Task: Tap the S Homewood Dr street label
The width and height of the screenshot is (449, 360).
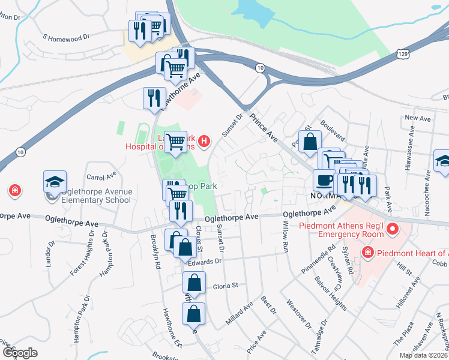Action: pyautogui.click(x=66, y=37)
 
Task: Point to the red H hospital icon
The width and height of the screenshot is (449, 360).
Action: pyautogui.click(x=204, y=142)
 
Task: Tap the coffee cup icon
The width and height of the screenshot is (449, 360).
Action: pyautogui.click(x=325, y=181)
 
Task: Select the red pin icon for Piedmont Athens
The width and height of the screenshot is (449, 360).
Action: pyautogui.click(x=393, y=229)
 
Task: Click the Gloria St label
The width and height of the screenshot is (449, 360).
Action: pyautogui.click(x=226, y=286)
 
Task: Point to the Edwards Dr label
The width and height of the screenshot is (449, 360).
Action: pyautogui.click(x=205, y=262)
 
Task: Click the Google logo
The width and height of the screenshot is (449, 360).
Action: pyautogui.click(x=20, y=353)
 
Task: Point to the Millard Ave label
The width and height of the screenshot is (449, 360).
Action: pyautogui.click(x=239, y=313)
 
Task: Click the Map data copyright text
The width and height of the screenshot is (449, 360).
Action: pyautogui.click(x=424, y=355)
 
